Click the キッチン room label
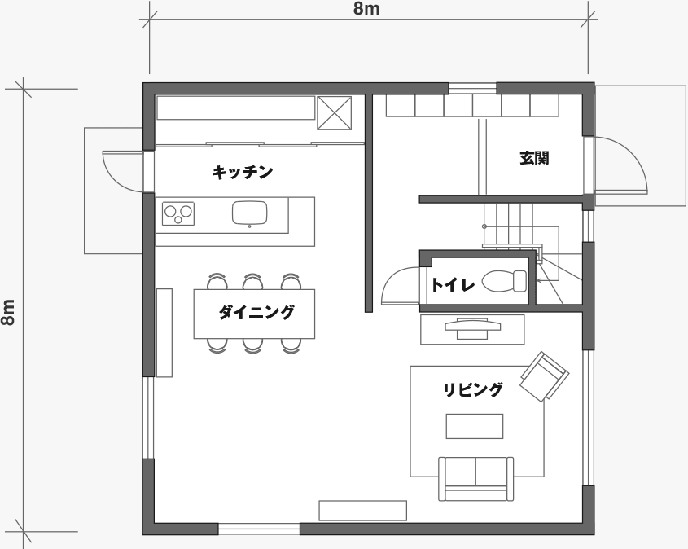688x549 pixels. (242, 172)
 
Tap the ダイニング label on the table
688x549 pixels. (256, 313)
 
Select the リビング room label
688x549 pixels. (472, 389)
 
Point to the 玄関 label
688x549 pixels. (534, 158)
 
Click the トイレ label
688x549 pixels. (454, 285)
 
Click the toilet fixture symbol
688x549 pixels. (504, 281)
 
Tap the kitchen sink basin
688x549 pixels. (249, 213)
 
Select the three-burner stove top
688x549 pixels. (178, 213)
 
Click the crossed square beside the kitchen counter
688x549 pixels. (335, 112)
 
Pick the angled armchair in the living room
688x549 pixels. (545, 376)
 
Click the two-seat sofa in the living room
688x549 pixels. (476, 479)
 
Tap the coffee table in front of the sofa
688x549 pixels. (475, 426)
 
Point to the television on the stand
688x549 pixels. (472, 327)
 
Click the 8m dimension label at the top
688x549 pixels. (367, 9)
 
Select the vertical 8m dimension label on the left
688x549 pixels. (8, 312)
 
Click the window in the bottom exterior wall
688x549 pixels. (259, 529)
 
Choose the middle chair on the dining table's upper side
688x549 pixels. (252, 281)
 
